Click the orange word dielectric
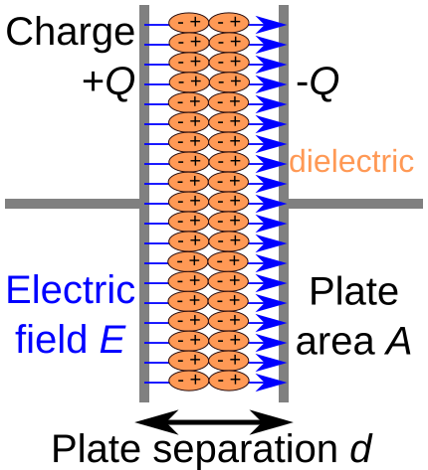(351, 162)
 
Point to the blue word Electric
(71, 290)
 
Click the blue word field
(51, 339)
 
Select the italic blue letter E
(112, 340)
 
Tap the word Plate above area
(353, 291)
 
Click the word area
(335, 343)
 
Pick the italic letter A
(398, 340)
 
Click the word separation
(246, 451)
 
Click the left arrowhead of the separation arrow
(157, 422)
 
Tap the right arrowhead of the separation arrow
(271, 422)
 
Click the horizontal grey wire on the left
(73, 204)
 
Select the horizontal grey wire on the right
(355, 204)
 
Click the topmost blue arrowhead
(271, 25)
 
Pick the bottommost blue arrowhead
(271, 383)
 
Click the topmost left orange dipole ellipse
(188, 23)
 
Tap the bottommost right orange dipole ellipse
(229, 382)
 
